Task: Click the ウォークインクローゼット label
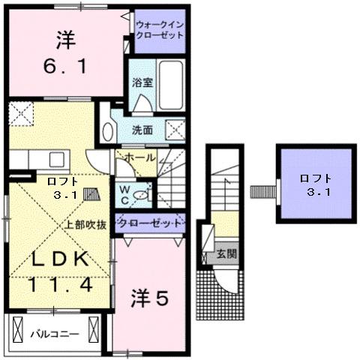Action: (160, 31)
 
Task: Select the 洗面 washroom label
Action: (142, 130)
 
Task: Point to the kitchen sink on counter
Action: (56, 160)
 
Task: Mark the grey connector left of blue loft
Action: (260, 188)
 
